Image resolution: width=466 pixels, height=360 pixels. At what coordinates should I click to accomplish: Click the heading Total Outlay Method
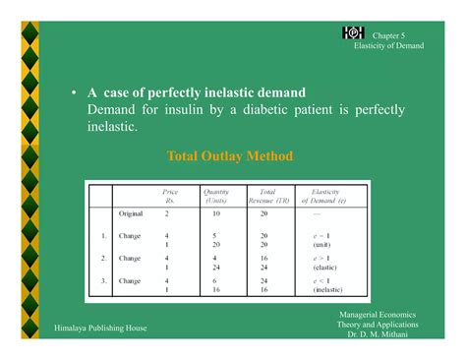pyautogui.click(x=230, y=155)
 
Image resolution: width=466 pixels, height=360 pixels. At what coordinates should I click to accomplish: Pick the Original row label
pyautogui.click(x=131, y=213)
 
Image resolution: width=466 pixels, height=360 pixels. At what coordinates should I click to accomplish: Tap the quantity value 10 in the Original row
pyautogui.click(x=215, y=213)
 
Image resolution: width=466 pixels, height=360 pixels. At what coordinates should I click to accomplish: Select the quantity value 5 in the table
pyautogui.click(x=214, y=236)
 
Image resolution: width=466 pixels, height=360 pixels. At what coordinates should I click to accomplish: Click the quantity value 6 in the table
pyautogui.click(x=214, y=280)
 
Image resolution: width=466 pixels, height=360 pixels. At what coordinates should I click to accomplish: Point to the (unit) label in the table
pyautogui.click(x=321, y=245)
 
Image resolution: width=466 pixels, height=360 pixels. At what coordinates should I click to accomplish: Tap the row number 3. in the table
pyautogui.click(x=103, y=280)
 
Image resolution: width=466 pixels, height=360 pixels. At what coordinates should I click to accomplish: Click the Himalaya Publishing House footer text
pyautogui.click(x=100, y=328)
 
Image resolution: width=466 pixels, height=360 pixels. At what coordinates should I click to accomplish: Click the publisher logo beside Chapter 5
pyautogui.click(x=353, y=33)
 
